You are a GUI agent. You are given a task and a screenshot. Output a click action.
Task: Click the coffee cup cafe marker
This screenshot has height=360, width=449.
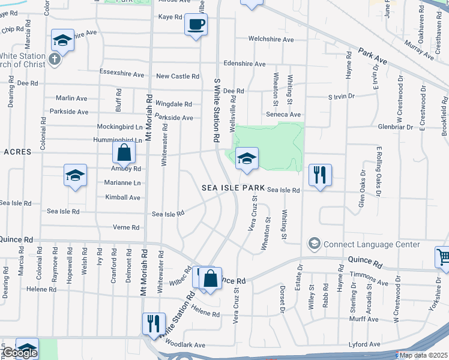[195, 25]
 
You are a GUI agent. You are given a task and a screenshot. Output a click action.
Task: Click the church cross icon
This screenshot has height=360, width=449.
[55, 59]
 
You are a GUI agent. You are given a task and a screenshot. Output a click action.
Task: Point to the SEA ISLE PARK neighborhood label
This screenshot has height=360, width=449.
[232, 188]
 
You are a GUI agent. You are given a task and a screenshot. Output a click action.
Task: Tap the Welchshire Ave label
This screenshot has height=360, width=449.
[272, 40]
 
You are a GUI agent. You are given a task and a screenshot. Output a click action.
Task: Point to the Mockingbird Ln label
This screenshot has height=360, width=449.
[120, 127]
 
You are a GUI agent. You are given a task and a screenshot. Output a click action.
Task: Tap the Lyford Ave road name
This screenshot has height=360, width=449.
[365, 344]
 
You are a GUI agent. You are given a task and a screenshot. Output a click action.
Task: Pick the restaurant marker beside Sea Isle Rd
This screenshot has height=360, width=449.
[319, 175]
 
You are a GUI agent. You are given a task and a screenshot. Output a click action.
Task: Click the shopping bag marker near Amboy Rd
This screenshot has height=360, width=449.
[123, 154]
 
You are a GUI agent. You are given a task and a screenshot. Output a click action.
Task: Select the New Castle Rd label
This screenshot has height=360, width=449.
[177, 76]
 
